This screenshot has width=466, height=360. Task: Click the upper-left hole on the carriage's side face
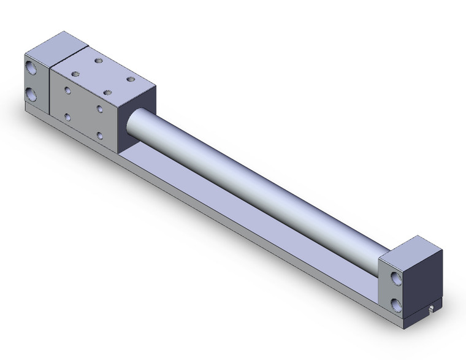(68, 90)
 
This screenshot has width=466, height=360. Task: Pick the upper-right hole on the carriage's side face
(99, 109)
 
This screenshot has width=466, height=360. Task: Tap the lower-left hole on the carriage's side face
(67, 117)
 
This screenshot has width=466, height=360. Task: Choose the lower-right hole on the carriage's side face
(99, 135)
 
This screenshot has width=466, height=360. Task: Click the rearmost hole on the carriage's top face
(98, 60)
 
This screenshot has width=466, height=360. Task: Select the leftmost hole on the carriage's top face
(75, 74)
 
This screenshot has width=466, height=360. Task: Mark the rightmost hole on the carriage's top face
(131, 79)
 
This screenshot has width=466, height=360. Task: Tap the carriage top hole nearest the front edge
(108, 93)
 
